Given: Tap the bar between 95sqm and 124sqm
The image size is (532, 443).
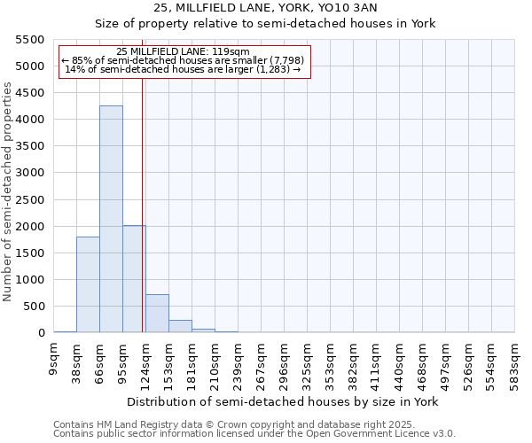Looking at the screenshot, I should (134, 279).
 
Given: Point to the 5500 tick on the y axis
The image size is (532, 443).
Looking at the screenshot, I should (30, 40).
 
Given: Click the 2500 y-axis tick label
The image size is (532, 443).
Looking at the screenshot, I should (30, 199).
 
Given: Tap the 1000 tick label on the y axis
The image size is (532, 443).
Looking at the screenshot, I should (30, 280).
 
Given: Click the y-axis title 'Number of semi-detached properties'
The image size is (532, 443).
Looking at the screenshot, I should (8, 192).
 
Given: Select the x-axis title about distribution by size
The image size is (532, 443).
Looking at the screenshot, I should (283, 401).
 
